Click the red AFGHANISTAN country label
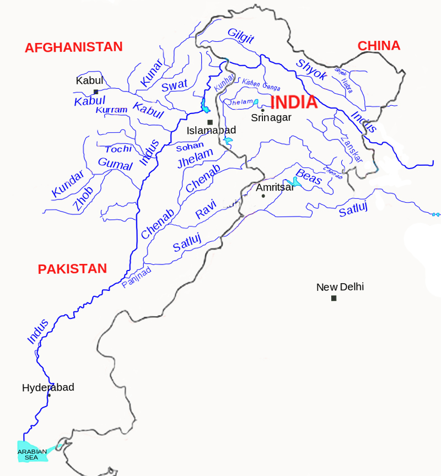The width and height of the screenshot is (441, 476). click(x=73, y=47)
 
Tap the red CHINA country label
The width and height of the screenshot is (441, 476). click(x=379, y=46)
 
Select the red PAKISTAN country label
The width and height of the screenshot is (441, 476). click(x=72, y=269)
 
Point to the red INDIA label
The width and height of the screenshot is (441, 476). click(x=294, y=102)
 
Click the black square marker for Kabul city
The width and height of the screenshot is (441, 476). click(x=96, y=91)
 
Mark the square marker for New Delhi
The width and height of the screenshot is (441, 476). click(x=334, y=298)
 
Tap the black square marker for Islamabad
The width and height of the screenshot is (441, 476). click(x=209, y=122)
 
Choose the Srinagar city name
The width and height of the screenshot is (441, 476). click(x=271, y=117)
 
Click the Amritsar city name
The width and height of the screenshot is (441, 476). click(x=275, y=187)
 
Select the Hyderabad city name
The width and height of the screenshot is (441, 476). click(x=48, y=387)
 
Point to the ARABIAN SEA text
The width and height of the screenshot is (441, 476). click(x=32, y=455)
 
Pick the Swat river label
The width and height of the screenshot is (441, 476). click(x=174, y=85)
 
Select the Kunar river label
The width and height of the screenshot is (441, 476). click(x=151, y=73)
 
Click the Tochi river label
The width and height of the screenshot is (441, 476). click(x=119, y=149)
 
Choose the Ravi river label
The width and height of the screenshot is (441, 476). click(x=206, y=209)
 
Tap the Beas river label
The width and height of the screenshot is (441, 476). click(x=308, y=177)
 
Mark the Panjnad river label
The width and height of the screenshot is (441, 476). click(x=136, y=277)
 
